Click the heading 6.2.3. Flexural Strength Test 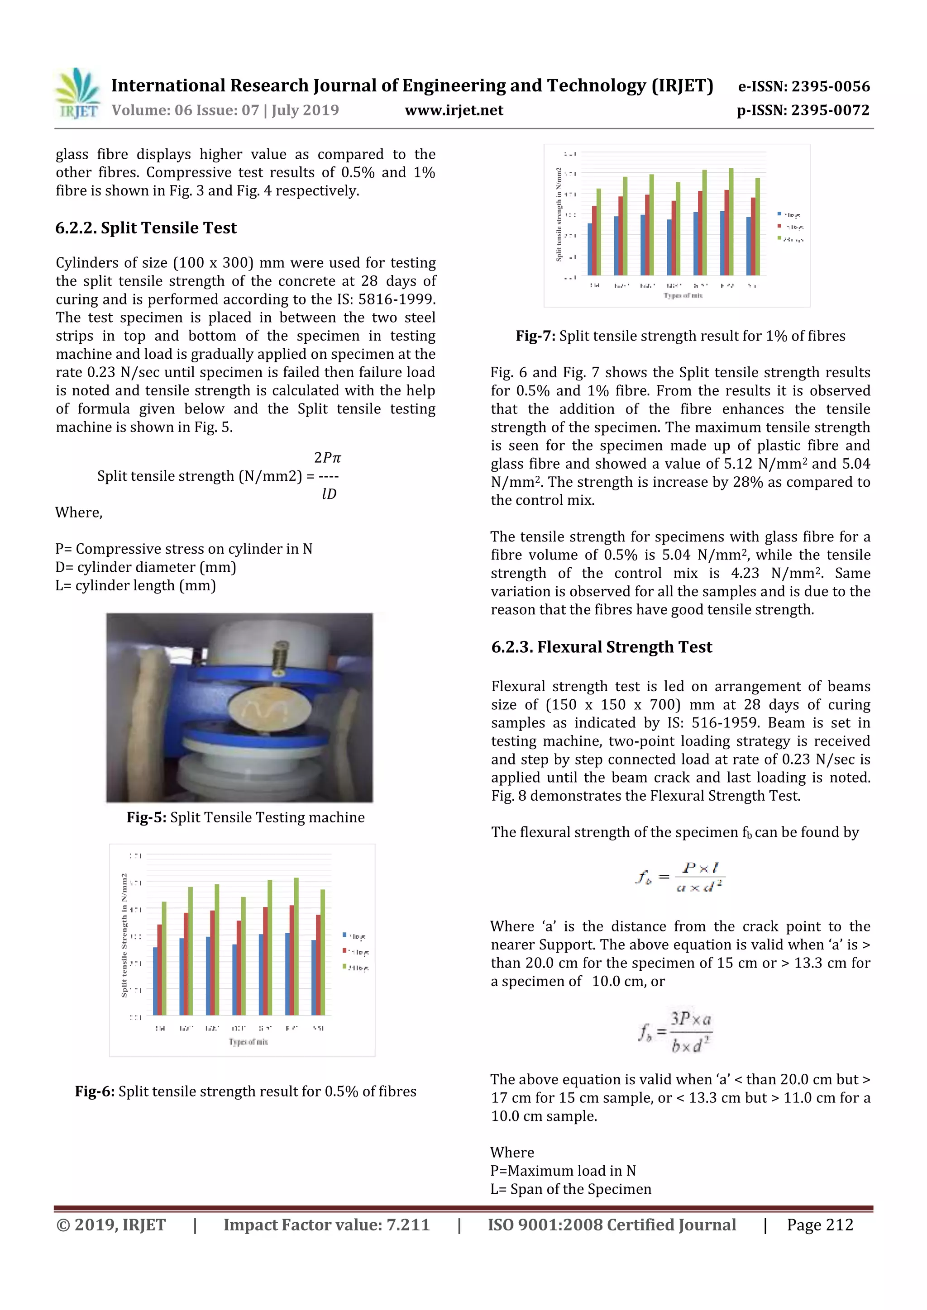pyautogui.click(x=601, y=646)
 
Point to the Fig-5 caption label pyautogui.click(x=147, y=817)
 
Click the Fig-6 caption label pyautogui.click(x=95, y=1091)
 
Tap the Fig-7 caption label pyautogui.click(x=535, y=336)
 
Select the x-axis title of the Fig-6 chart pyautogui.click(x=248, y=1041)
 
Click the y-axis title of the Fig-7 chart pyautogui.click(x=559, y=214)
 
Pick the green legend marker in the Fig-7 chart pyautogui.click(x=779, y=238)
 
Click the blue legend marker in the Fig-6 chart pyautogui.click(x=344, y=935)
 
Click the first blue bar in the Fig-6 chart pyautogui.click(x=155, y=981)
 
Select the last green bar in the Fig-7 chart pyautogui.click(x=757, y=227)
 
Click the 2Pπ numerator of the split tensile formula pyautogui.click(x=327, y=458)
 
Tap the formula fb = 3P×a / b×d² pyautogui.click(x=675, y=1031)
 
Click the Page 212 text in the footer pyautogui.click(x=820, y=1225)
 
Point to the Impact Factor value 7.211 pyautogui.click(x=326, y=1225)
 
